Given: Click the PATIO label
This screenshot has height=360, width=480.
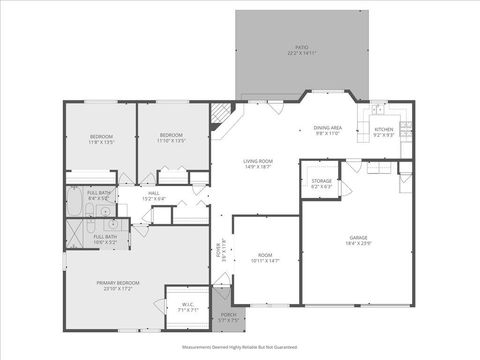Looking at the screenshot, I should tap(301, 47).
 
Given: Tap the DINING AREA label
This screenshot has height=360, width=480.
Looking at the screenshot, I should tap(328, 128).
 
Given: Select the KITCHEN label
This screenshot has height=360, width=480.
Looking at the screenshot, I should tap(385, 128).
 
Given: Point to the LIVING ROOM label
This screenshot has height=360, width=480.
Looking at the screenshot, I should tap(257, 161).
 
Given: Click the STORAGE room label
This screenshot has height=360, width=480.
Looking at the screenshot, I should tap(321, 181).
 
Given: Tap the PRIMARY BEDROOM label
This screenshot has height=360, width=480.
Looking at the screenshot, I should tap(118, 283).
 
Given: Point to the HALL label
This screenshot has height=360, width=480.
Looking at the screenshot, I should tap(155, 194).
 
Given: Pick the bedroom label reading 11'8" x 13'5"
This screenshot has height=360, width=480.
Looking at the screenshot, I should tap(102, 141).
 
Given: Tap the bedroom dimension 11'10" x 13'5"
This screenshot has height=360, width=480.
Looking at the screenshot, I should tap(172, 141).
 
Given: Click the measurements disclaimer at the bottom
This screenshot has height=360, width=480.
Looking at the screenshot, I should tap(240, 346).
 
